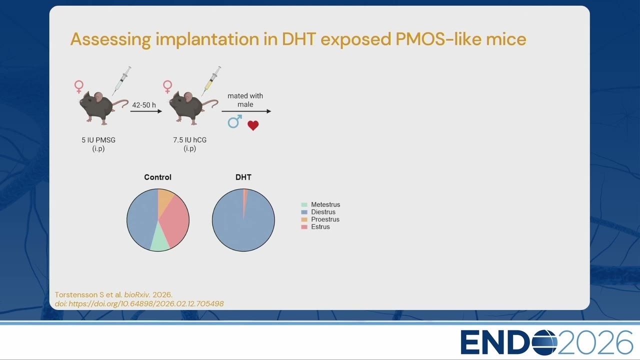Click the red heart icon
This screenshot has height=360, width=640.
[253, 125]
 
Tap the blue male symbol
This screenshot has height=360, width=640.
[234, 121]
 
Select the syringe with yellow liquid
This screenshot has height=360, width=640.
[211, 80]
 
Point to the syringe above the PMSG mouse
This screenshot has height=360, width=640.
[121, 80]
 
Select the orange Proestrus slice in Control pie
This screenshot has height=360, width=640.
[164, 200]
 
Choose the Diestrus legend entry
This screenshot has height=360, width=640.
[318, 212]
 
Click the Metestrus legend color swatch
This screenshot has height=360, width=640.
[304, 204]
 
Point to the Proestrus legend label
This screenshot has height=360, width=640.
[325, 219]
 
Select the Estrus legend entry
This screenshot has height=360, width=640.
[315, 227]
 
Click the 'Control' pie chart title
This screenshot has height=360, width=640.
[157, 177]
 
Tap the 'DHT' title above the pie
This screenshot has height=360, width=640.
[243, 177]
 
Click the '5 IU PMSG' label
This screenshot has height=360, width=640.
[98, 140]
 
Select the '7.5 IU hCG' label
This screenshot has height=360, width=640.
[189, 140]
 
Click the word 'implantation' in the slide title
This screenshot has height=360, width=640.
[207, 39]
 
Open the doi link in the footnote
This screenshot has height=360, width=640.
[139, 303]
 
